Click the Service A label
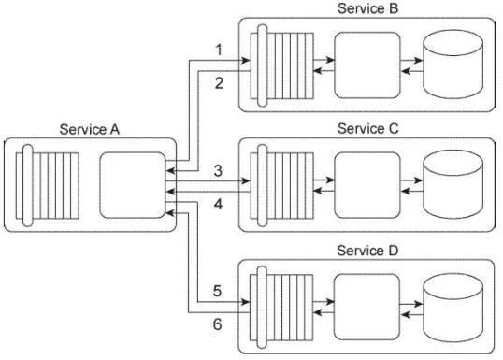[90, 128]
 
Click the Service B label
[366, 8]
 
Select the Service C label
[366, 128]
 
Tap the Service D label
[366, 251]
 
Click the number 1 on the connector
[217, 49]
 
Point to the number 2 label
[217, 84]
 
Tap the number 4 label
[217, 203]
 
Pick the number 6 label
[217, 324]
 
